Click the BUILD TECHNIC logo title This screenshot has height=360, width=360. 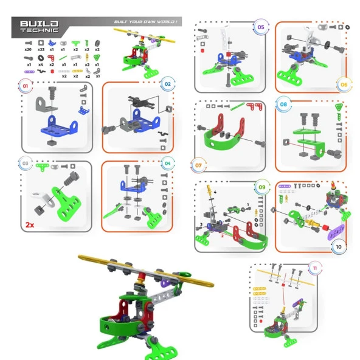pos(40,26)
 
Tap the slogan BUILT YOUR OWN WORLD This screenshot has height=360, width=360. pos(147,22)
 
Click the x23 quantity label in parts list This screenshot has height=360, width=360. pos(41,49)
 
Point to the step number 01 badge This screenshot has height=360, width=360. pos(26,87)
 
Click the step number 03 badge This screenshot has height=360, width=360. pos(26,163)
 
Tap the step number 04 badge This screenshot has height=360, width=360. pos(167,163)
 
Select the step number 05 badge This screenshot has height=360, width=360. pos(260,27)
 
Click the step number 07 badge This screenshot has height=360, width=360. pos(198,164)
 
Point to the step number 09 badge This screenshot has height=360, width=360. pos(261,187)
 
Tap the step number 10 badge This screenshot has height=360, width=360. pos(339,247)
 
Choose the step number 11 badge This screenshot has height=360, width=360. pos(314,268)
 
